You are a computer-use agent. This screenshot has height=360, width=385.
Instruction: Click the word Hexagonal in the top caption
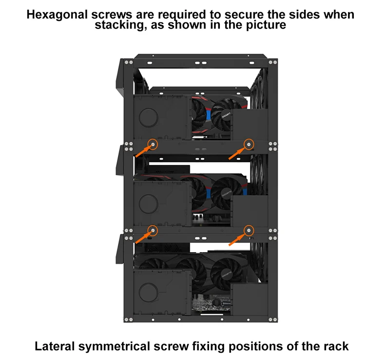tap(57, 15)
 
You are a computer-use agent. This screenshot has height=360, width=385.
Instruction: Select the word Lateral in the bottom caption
tap(55, 346)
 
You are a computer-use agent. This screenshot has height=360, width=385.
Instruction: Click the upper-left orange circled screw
tap(153, 144)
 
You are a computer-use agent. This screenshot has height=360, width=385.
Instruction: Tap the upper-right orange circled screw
tap(249, 144)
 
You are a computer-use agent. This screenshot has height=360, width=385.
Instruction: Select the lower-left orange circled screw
tap(153, 230)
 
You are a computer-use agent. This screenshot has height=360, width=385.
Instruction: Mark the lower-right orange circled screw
tap(249, 230)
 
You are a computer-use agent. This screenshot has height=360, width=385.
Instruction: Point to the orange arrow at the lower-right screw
tap(238, 239)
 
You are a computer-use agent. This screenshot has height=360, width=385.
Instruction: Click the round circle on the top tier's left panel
tap(148, 118)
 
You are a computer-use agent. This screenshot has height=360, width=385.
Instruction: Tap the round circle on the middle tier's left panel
tap(148, 204)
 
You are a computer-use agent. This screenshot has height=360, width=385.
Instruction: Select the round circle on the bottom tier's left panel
tap(148, 292)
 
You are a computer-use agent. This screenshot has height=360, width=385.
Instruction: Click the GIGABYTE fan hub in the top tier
tap(226, 115)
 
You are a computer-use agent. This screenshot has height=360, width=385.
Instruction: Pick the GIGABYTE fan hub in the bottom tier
tap(227, 274)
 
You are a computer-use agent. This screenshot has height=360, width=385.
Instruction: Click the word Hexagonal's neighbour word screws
tap(112, 15)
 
